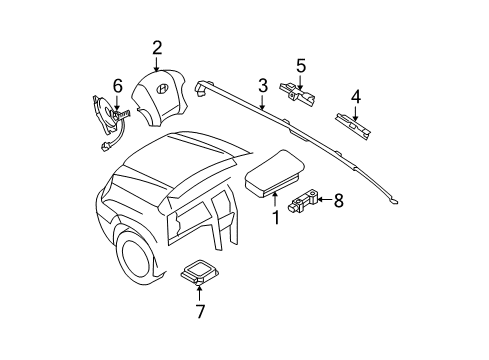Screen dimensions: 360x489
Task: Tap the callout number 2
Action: (x=158, y=47)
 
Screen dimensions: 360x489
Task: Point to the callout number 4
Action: (x=354, y=97)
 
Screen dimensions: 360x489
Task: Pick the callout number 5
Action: (x=300, y=66)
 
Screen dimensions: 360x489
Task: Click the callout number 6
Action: (x=117, y=88)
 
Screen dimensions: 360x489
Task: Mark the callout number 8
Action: (x=338, y=228)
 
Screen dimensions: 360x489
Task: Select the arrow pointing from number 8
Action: (x=323, y=229)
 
